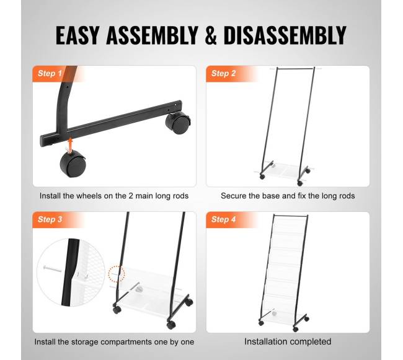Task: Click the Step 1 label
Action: (50, 74)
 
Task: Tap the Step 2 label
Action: (223, 74)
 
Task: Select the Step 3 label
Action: (50, 219)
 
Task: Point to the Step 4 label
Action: (223, 219)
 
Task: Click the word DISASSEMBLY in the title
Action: (285, 35)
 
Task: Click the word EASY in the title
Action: (77, 35)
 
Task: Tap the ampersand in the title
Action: (211, 35)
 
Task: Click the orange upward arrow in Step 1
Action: (70, 144)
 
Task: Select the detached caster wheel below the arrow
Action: (73, 163)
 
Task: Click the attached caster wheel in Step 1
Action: (178, 123)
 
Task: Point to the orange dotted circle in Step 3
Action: (116, 274)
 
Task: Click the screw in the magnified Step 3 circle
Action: (53, 269)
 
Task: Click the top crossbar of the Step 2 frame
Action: (296, 68)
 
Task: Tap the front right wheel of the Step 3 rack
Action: (171, 325)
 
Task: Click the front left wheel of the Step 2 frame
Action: (262, 177)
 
